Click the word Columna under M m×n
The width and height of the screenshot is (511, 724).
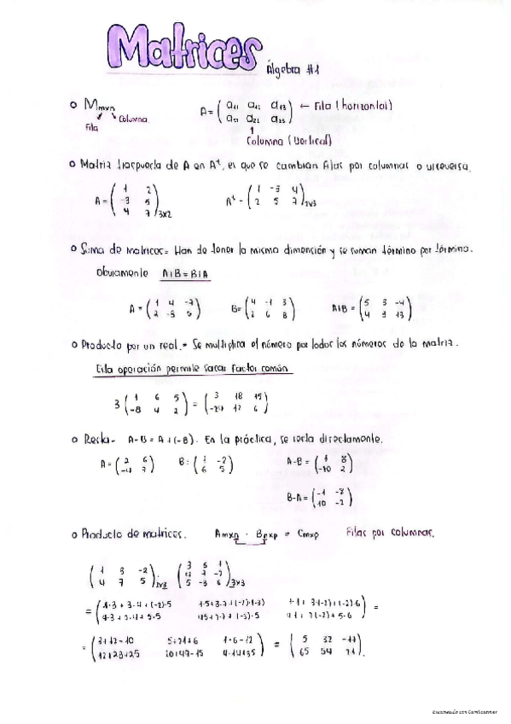134,120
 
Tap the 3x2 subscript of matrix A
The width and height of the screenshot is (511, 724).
166,214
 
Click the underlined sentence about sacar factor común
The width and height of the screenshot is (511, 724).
193,369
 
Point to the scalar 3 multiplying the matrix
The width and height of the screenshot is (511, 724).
104,403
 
